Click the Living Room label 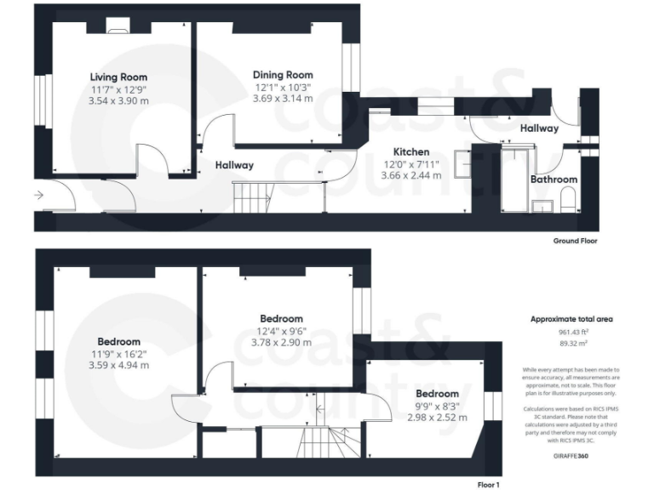[x=118, y=77]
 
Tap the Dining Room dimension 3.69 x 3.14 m [x=284, y=98]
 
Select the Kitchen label [x=410, y=151]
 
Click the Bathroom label [x=554, y=179]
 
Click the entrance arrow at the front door [x=39, y=195]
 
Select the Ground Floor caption [x=575, y=241]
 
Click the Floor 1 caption [x=489, y=484]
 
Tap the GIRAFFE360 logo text [x=571, y=455]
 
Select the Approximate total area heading [x=571, y=319]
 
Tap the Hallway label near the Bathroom [x=539, y=128]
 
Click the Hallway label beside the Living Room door [x=233, y=165]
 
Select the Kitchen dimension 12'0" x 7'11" [x=410, y=163]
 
